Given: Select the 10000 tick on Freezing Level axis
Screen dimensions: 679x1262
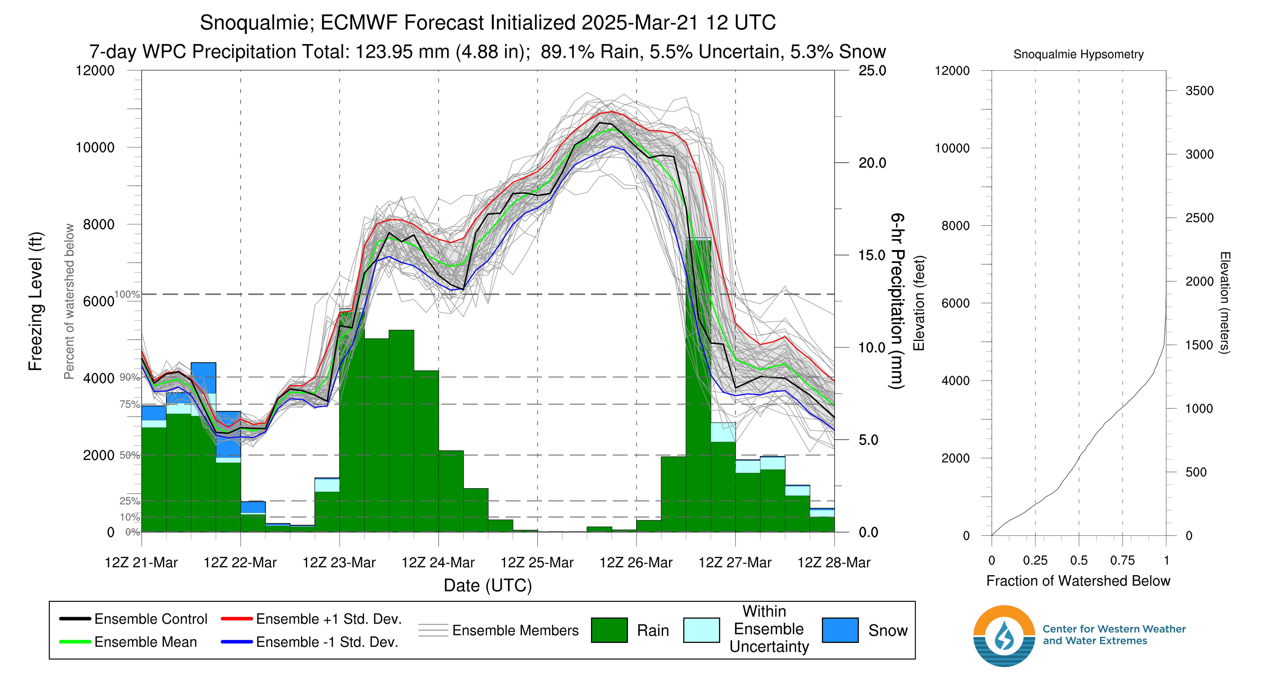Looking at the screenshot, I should tap(95, 147).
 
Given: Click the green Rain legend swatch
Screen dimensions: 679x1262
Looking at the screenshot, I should tap(609, 630).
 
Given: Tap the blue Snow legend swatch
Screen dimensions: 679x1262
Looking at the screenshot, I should tap(840, 630).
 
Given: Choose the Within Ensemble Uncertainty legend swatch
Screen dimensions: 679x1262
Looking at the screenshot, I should tap(701, 630).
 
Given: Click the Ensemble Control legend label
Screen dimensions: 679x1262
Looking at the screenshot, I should tap(150, 619).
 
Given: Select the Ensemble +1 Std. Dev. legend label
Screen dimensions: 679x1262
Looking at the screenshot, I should tap(328, 619).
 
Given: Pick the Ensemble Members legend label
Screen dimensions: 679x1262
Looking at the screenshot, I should tap(515, 630).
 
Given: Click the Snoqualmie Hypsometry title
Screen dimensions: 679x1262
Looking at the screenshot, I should tap(1078, 54).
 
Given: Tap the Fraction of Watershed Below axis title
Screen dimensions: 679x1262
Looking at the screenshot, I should tap(1078, 581).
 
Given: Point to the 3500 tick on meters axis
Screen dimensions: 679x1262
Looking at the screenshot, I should tap(1199, 91).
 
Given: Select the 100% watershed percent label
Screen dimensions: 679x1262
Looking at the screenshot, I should tap(127, 294).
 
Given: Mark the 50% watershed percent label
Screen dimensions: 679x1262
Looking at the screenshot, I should tap(129, 455).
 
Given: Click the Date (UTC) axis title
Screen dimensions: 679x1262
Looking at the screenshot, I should tap(488, 586).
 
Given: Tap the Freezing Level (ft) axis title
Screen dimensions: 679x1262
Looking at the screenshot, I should tap(36, 301).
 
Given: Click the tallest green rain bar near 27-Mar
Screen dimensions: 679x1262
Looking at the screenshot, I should tap(698, 387).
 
